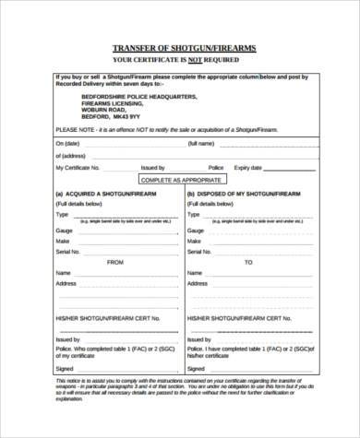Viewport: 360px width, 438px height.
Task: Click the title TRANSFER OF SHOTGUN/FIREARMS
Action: click(x=185, y=47)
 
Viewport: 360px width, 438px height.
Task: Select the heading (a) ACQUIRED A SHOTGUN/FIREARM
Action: click(x=102, y=195)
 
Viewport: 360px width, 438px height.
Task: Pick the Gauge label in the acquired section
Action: click(x=64, y=229)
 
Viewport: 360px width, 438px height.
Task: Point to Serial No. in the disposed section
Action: click(x=200, y=251)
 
